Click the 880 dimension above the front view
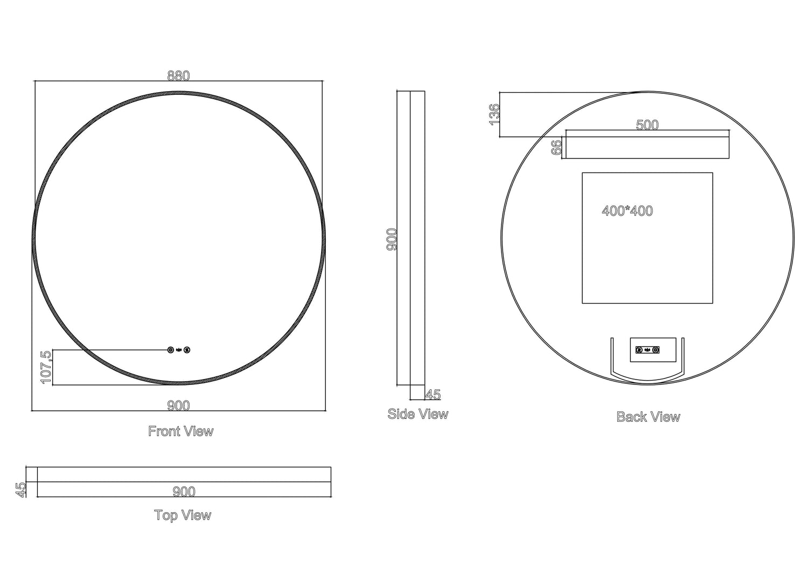(178, 76)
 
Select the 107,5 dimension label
(46, 367)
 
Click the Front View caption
(181, 431)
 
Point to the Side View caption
(418, 414)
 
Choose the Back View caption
(648, 417)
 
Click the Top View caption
(183, 515)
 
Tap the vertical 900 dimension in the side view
(392, 239)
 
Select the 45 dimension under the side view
(433, 395)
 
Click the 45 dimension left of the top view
(21, 490)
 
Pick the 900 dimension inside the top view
(184, 492)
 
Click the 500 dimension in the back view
(647, 125)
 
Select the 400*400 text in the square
(627, 211)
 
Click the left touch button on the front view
(171, 350)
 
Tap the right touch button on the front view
(187, 350)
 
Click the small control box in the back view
(653, 349)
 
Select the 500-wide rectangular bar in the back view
(647, 148)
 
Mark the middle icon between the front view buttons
(179, 350)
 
